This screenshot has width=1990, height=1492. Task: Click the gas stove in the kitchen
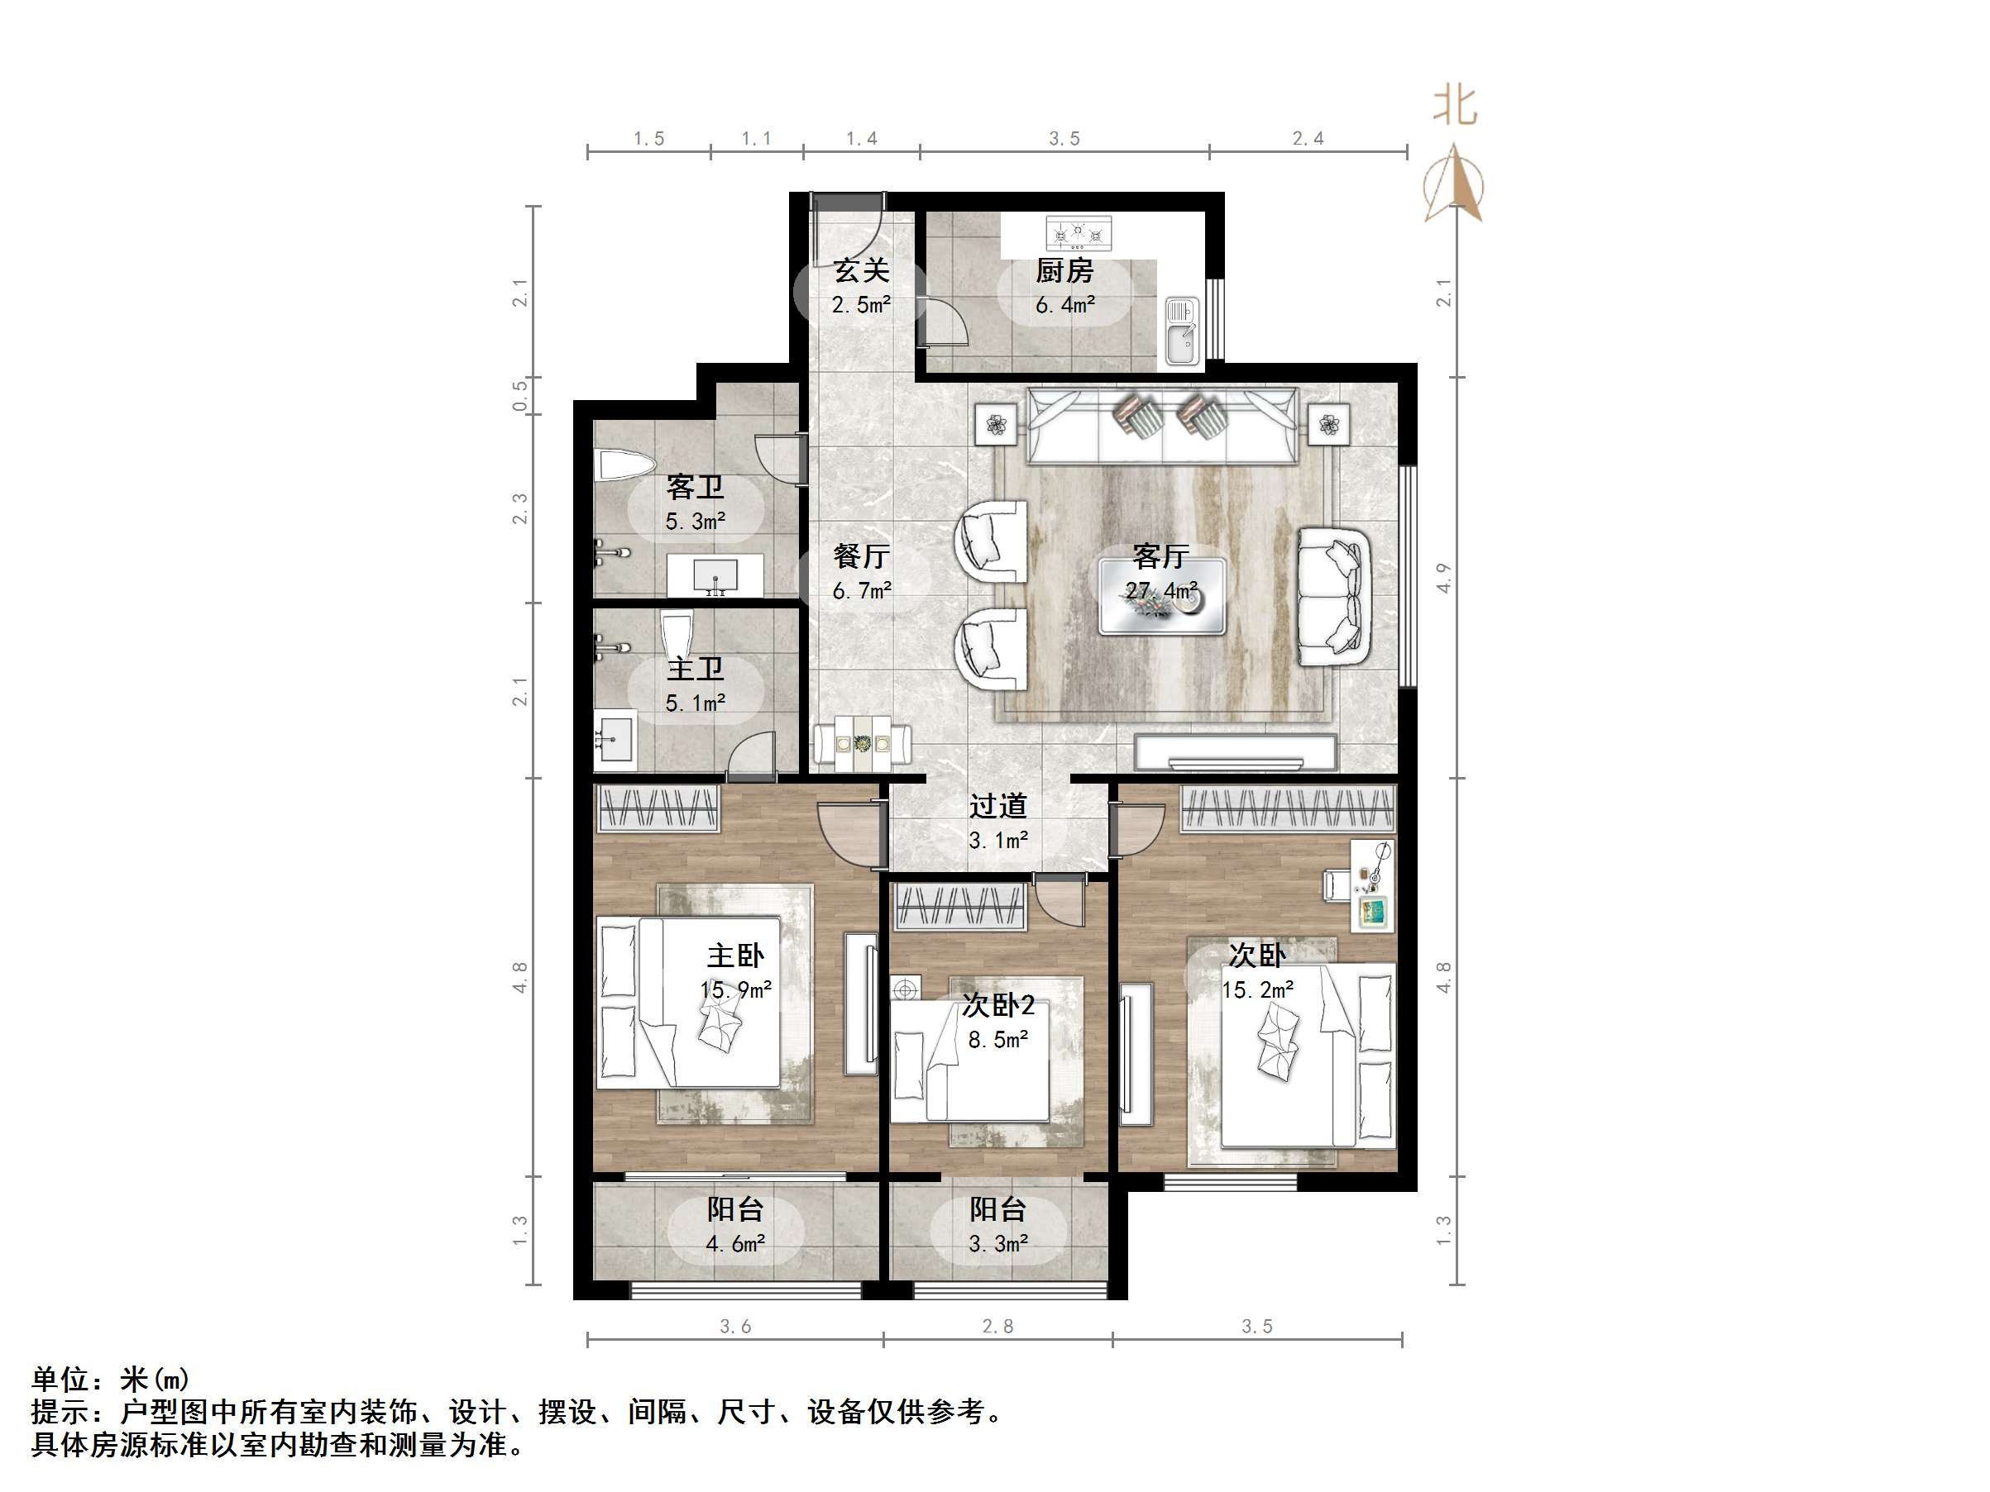(1078, 234)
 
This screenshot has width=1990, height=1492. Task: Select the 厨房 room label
(1064, 269)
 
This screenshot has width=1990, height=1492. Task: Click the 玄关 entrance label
(861, 269)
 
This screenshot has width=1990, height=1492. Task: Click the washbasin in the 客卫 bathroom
(715, 574)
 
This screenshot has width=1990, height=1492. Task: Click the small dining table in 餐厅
(862, 744)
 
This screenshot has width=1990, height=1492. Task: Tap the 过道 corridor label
(997, 806)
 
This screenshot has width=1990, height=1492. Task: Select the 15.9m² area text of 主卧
(736, 990)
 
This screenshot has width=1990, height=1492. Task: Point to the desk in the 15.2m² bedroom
(1373, 886)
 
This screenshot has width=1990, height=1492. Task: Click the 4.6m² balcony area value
(735, 1244)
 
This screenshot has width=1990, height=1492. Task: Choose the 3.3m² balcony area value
(997, 1244)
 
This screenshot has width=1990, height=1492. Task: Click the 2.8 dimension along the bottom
(997, 1326)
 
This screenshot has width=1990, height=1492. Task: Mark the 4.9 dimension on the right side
(1443, 577)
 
